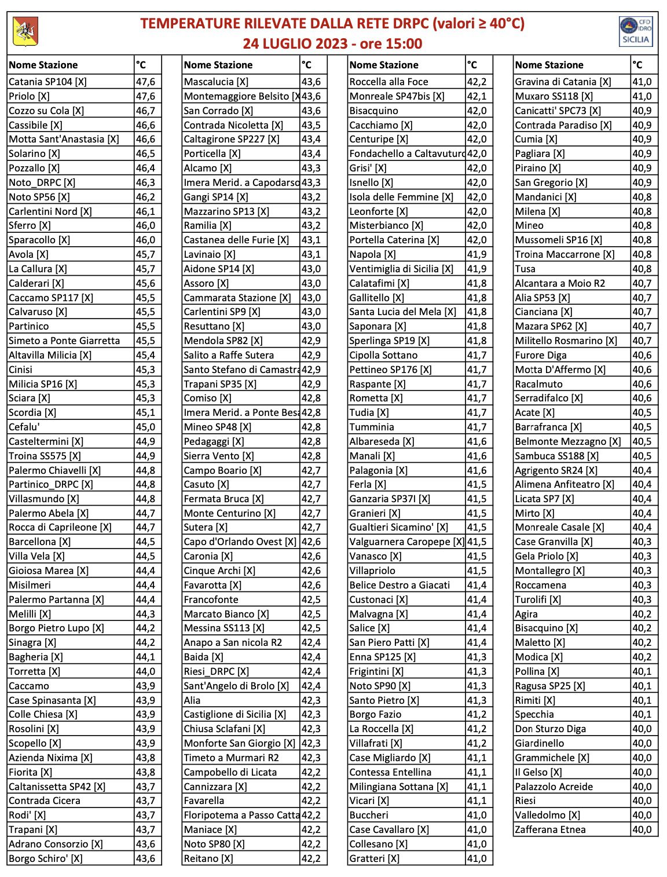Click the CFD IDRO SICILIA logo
tap(636, 32)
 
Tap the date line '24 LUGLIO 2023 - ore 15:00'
tap(332, 43)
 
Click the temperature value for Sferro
tap(146, 225)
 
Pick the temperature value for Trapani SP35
tap(311, 384)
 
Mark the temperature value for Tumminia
tap(477, 427)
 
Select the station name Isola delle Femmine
tap(401, 197)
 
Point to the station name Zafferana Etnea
tap(550, 830)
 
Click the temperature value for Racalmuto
tap(642, 384)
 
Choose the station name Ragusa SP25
tap(549, 686)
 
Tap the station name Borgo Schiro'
tap(46, 858)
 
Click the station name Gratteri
tap(374, 858)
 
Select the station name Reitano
tap(208, 858)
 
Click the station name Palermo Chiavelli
tap(54, 470)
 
